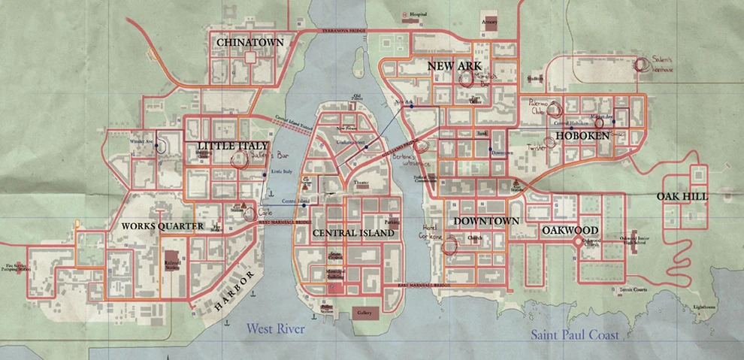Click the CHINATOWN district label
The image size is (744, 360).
coord(250,44)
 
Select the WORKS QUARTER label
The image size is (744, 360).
coord(162,225)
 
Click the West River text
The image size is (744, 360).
coord(281,328)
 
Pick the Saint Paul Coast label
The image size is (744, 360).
coord(575,335)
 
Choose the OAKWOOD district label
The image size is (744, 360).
coord(570,230)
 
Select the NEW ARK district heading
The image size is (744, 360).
coord(453,67)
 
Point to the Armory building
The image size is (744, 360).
coord(489,22)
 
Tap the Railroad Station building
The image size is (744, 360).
coord(173,260)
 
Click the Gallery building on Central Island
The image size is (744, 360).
coord(364,312)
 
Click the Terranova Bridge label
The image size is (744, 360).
coord(343,32)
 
